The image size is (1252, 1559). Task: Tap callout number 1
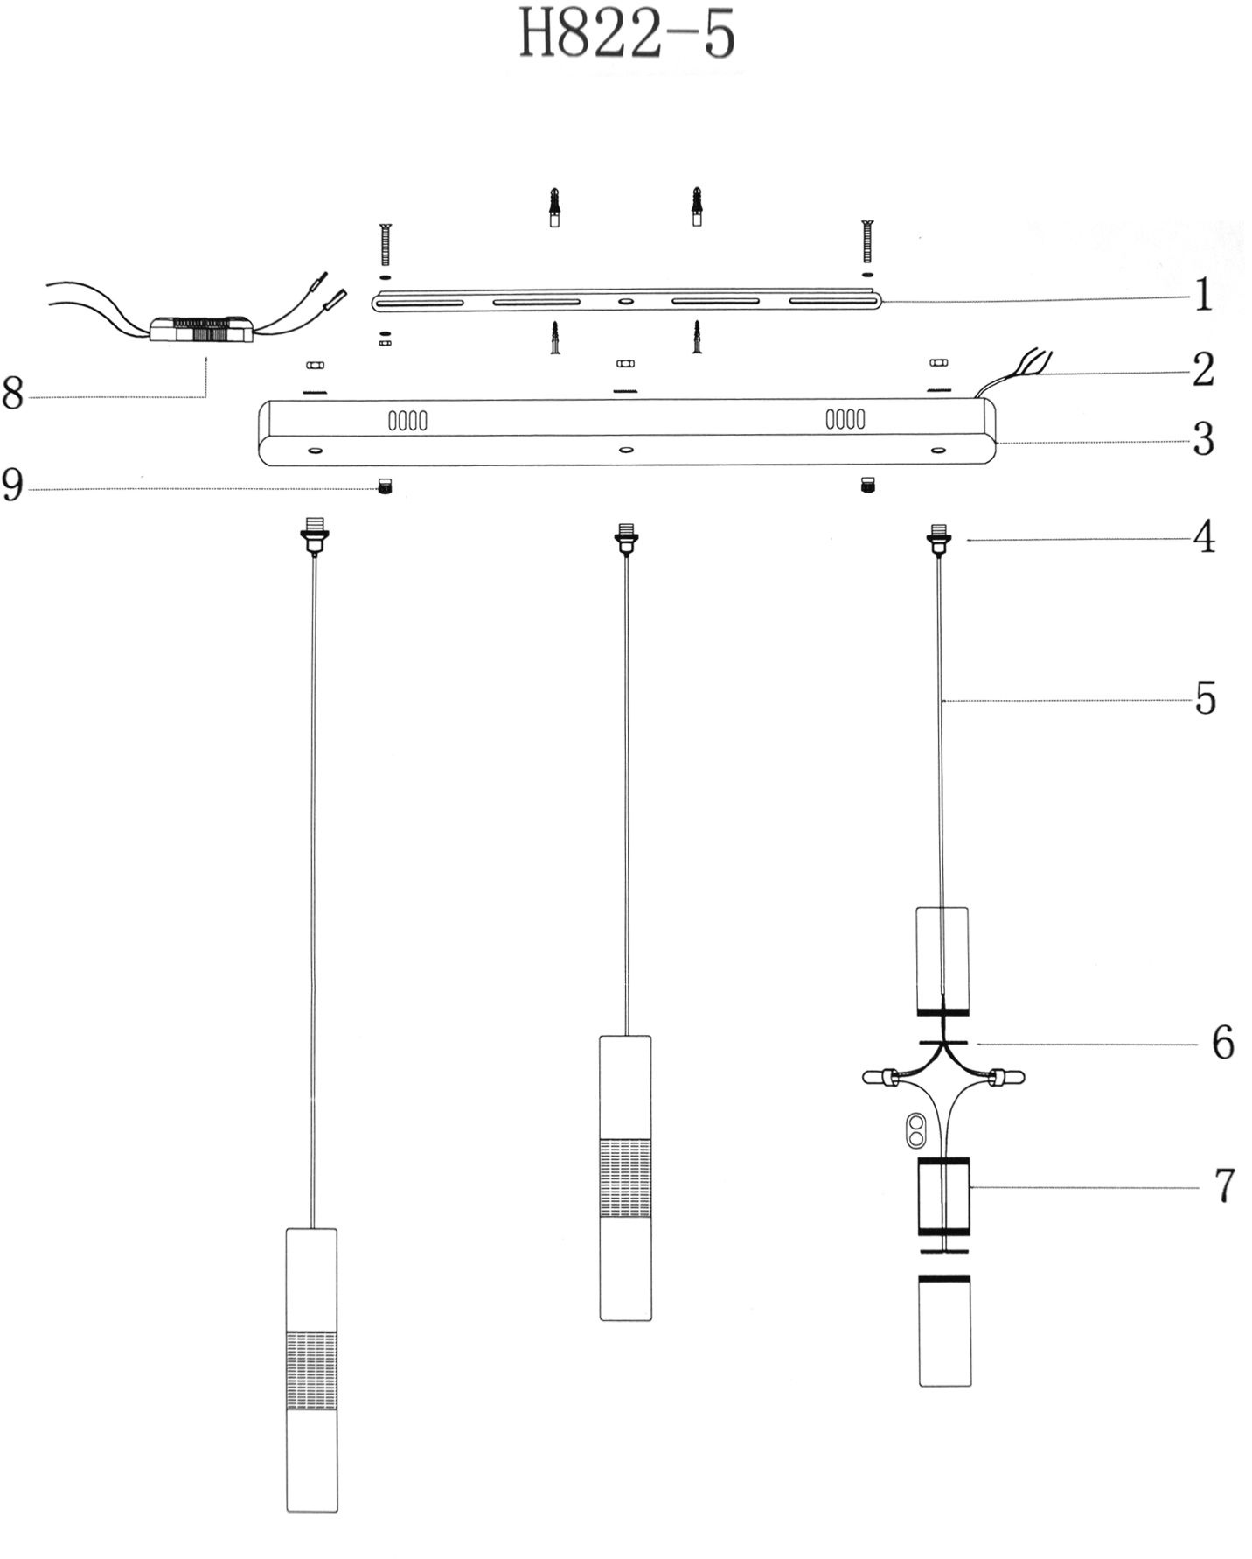[1203, 296]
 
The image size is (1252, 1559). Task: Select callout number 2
[1203, 369]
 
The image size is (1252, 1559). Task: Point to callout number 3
[1204, 439]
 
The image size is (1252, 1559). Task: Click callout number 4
[1205, 536]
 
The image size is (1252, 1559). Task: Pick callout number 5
[1206, 699]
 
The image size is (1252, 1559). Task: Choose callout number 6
[1222, 1043]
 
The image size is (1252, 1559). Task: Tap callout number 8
[12, 395]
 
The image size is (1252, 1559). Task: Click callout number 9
[12, 486]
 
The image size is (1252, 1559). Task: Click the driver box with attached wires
[201, 331]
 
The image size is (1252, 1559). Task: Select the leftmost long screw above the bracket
[385, 244]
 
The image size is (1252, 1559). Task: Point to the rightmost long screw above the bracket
[867, 241]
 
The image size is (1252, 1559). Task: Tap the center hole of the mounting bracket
[624, 302]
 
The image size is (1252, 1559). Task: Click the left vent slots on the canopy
[407, 421]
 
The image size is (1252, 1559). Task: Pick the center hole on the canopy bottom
[625, 451]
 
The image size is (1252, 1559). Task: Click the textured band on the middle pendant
[625, 1178]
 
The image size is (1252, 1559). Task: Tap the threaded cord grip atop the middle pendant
[625, 536]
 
